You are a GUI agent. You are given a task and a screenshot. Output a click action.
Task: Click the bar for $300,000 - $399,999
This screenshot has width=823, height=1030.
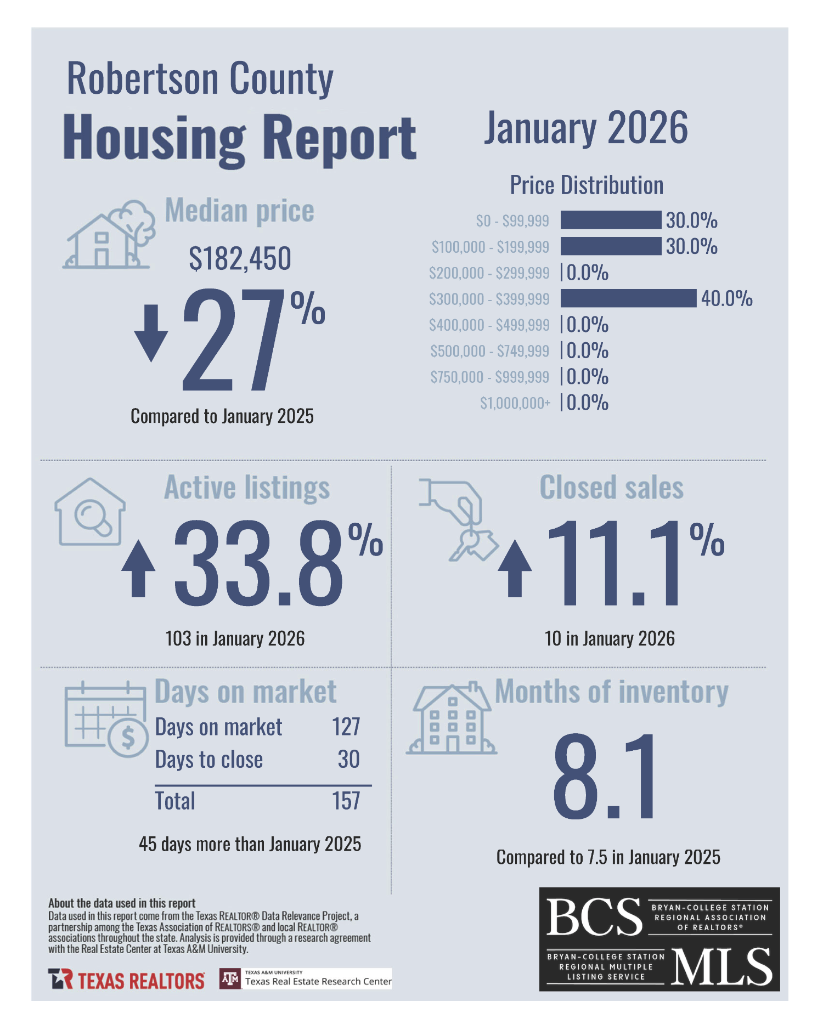coord(628,298)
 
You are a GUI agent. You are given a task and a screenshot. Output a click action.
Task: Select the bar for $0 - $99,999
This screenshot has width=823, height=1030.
coord(611,220)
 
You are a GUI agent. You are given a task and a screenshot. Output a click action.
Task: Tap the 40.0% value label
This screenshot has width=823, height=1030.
coord(726,298)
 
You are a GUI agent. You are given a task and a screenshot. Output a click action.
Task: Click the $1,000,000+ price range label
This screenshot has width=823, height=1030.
coord(515,403)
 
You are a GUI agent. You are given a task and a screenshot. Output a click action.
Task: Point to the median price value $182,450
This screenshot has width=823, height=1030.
coord(240,258)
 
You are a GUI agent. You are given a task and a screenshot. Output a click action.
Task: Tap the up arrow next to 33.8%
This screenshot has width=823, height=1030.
coord(138,569)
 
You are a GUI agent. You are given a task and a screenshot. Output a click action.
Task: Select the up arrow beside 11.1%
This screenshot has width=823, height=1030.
coord(514,569)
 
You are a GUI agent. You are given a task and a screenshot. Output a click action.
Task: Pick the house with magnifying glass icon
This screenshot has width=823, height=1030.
coord(90,512)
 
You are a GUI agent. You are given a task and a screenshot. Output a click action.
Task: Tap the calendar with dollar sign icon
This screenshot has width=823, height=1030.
coord(106,719)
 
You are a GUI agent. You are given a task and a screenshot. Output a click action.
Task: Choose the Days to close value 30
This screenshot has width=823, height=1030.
coord(348,760)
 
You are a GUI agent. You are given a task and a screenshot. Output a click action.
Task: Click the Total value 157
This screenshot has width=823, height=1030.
coord(346,801)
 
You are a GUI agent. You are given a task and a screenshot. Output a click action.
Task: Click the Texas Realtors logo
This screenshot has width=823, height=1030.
coord(126,980)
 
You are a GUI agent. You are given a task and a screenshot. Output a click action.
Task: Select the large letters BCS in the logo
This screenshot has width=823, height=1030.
coord(594,917)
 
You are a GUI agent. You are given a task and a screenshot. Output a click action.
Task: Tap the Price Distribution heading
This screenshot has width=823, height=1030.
coord(587,185)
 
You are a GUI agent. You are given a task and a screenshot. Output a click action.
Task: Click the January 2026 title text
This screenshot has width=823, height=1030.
coord(585,128)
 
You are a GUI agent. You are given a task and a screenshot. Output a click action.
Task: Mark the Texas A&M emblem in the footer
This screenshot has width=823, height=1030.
coord(230,979)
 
